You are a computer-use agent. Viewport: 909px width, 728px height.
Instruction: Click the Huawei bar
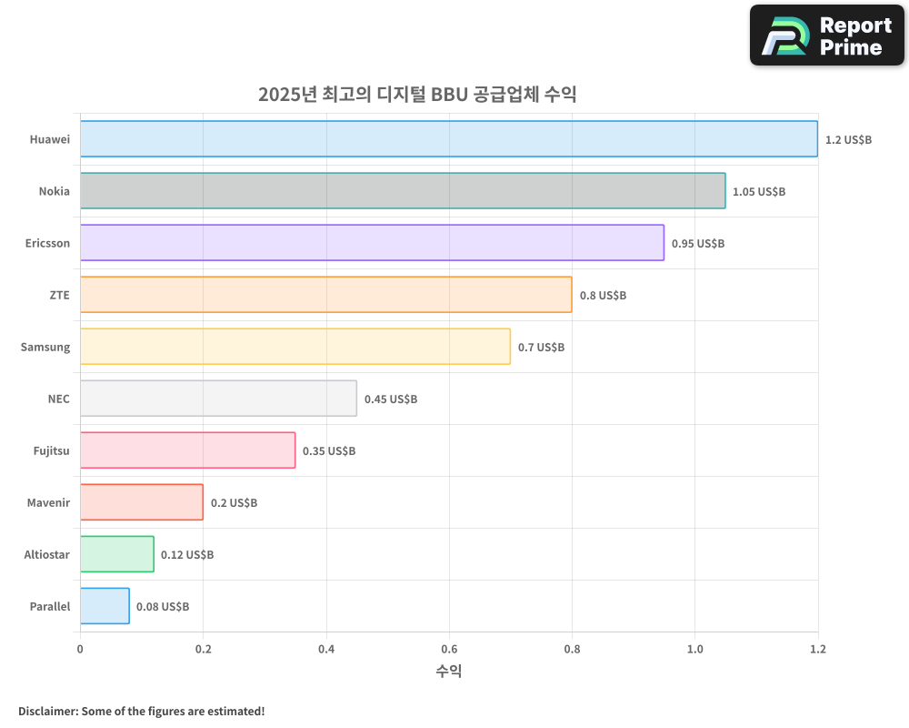click(x=448, y=139)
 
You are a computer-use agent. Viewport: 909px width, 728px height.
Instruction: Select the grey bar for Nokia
click(x=403, y=191)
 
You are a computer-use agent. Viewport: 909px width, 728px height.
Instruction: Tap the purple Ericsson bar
click(x=372, y=243)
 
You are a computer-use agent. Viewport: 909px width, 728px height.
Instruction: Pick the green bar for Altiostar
click(x=116, y=554)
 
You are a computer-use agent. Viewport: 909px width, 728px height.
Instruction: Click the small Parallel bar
click(x=105, y=606)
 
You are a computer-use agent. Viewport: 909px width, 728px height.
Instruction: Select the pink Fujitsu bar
click(x=187, y=450)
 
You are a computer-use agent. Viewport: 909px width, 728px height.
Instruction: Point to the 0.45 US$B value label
click(x=391, y=399)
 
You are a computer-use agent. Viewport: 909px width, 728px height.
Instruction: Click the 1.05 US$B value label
click(x=759, y=192)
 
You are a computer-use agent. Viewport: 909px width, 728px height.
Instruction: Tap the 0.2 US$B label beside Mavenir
click(x=234, y=502)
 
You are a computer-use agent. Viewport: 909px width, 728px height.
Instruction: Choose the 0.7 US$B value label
click(x=541, y=347)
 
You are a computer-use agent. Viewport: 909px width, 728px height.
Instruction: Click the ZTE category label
click(x=59, y=295)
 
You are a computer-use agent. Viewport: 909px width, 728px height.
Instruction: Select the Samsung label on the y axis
click(x=45, y=347)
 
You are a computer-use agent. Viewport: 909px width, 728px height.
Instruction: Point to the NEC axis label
click(x=58, y=399)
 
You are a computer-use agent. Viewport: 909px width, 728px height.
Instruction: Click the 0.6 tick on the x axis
click(x=449, y=649)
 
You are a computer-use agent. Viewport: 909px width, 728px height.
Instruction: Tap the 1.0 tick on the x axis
click(x=694, y=649)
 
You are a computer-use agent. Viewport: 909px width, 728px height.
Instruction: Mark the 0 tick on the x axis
click(x=80, y=649)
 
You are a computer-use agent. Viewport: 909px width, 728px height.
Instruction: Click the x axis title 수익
click(x=449, y=672)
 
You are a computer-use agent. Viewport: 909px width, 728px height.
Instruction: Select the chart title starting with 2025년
click(x=417, y=95)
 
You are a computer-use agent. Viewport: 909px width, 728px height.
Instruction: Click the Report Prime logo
click(x=827, y=35)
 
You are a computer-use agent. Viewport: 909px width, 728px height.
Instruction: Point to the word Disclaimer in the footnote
click(x=47, y=711)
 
